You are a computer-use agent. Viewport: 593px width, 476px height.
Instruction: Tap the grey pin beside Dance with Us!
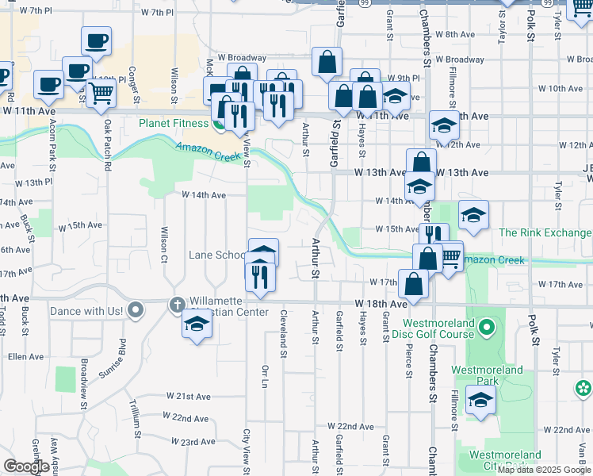coord(136,309)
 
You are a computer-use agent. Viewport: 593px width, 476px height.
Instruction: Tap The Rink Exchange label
coord(545,232)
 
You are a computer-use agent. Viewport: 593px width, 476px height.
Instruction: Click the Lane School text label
coord(217,255)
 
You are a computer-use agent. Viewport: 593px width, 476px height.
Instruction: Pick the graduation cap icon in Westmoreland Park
coord(480,399)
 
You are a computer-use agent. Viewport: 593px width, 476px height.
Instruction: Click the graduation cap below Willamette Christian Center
coord(197,324)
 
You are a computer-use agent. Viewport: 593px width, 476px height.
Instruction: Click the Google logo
coord(27,466)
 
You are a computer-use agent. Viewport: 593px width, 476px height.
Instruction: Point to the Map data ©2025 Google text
coord(544,470)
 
